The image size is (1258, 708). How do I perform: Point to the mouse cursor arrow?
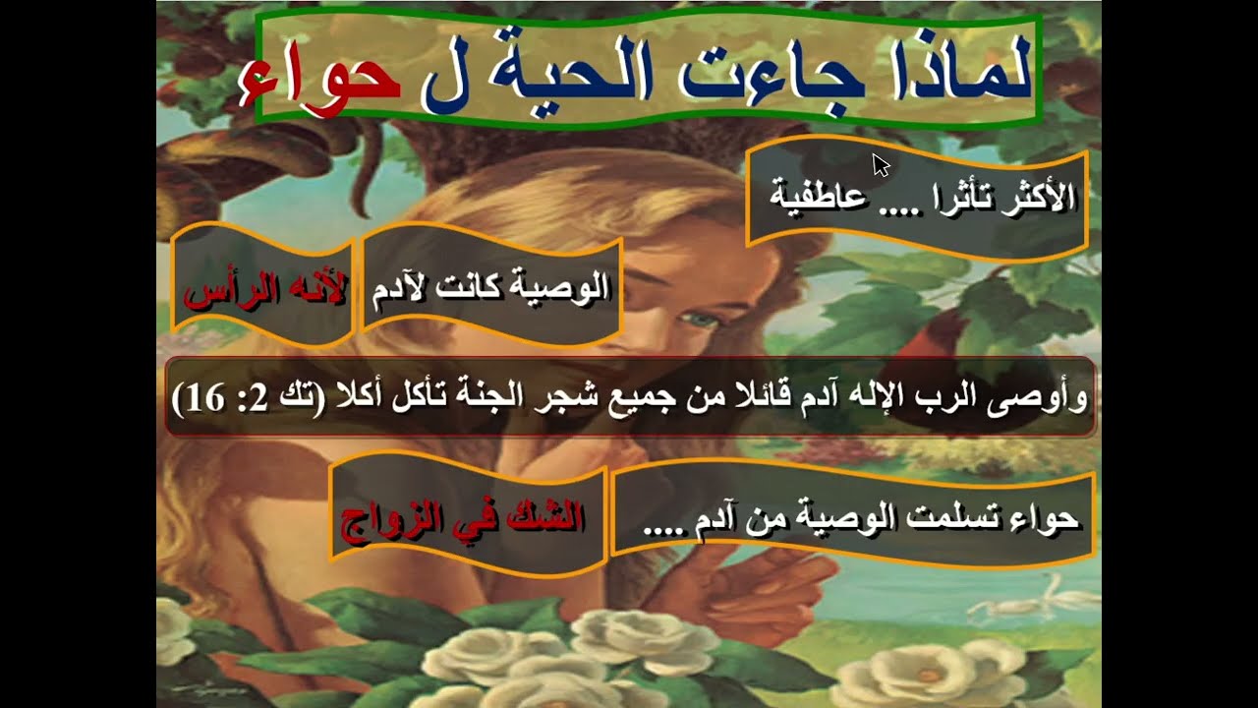(880, 164)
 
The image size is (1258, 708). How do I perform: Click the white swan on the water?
(1022, 599)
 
